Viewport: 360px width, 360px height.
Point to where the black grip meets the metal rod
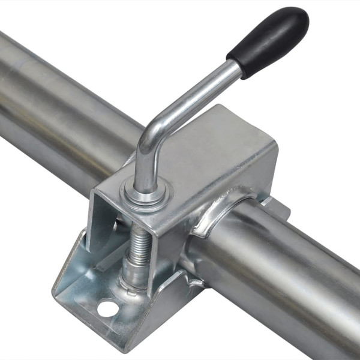236,67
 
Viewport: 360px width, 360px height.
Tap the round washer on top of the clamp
146,193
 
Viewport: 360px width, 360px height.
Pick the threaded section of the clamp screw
137,240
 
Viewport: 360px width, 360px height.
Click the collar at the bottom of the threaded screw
133,277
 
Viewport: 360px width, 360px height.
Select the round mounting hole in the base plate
107,309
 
